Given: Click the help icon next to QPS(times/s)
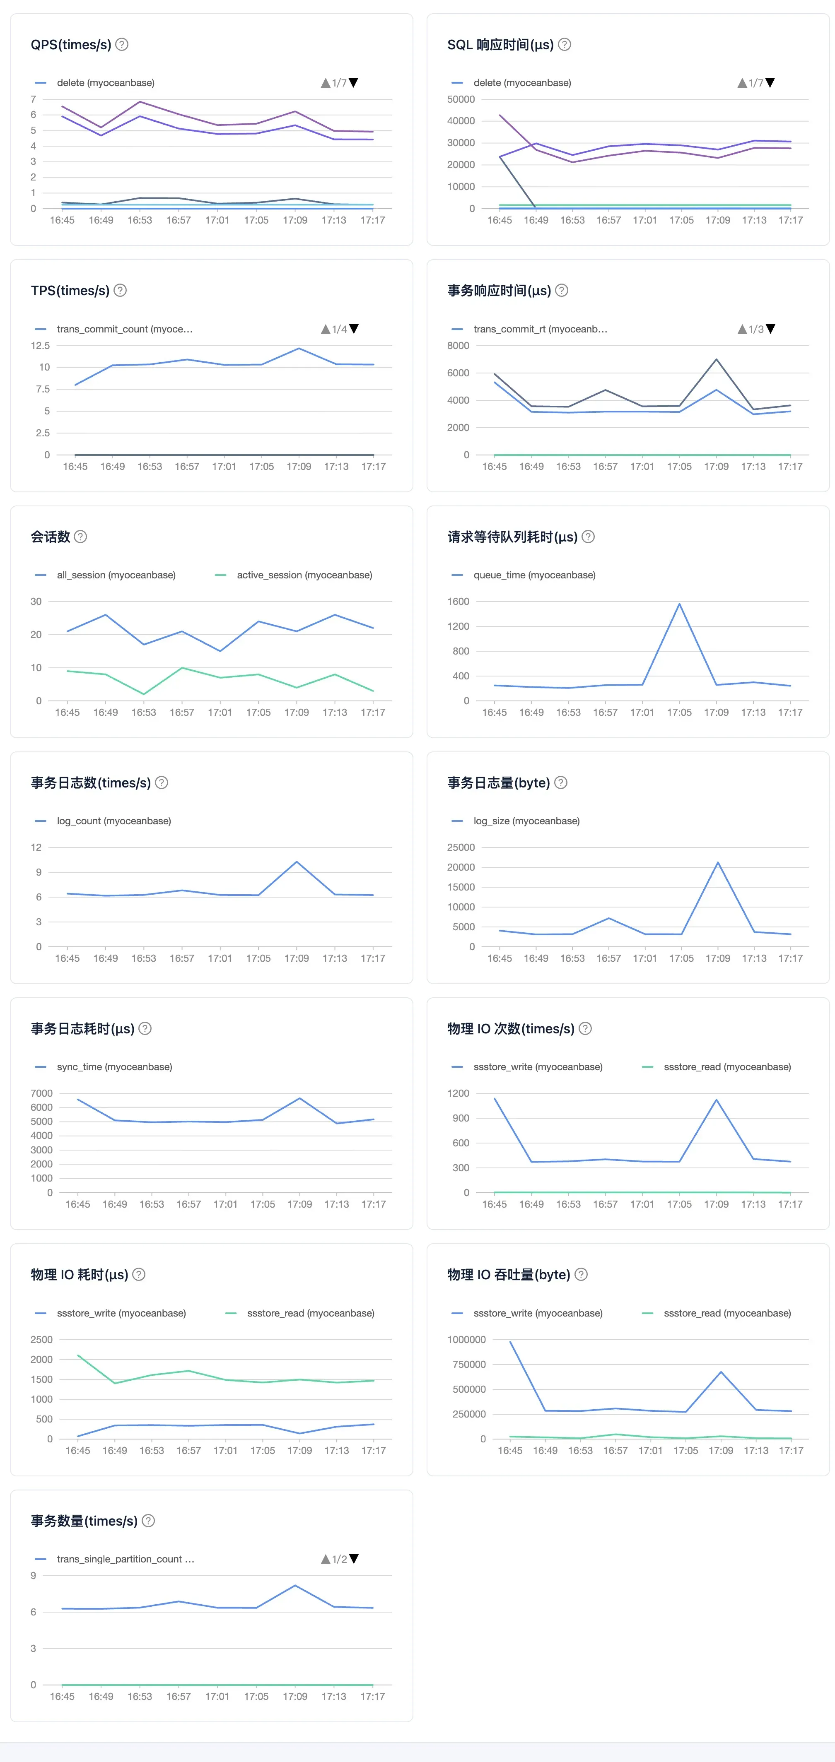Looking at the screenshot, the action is (x=122, y=44).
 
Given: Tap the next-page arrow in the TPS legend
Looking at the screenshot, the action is (x=354, y=329).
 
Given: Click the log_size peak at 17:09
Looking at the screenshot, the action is (x=717, y=862).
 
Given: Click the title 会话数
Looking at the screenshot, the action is (x=50, y=537).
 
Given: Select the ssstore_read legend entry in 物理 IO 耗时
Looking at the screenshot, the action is (x=300, y=1313).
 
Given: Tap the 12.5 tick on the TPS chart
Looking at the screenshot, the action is (x=40, y=345).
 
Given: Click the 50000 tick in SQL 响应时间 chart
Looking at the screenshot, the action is (x=461, y=99).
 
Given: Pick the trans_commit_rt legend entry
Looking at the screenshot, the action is (x=529, y=329).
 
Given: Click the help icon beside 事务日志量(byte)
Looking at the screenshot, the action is (x=560, y=782).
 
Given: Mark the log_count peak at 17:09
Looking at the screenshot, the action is (x=297, y=862).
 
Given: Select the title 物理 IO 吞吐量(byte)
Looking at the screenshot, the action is (x=509, y=1275).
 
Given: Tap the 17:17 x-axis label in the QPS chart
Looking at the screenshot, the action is (x=373, y=220).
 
